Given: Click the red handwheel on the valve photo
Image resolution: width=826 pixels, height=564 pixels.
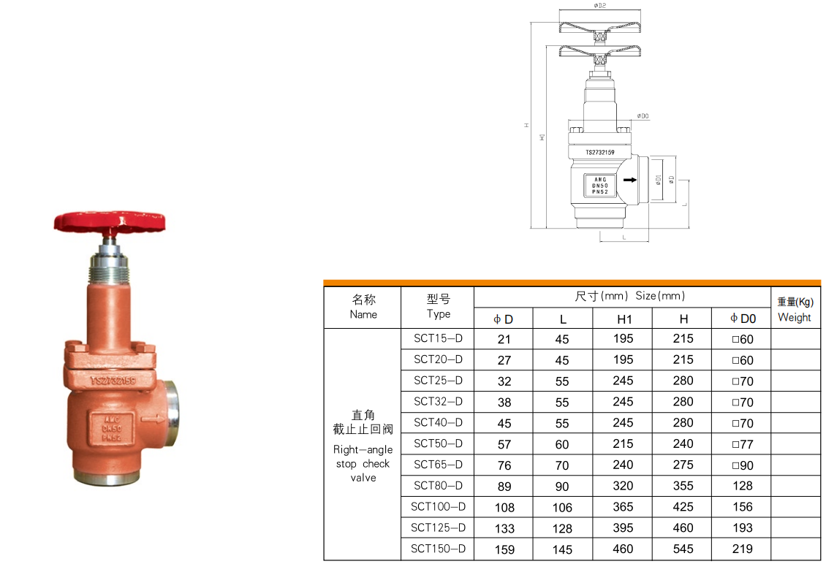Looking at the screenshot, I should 112,220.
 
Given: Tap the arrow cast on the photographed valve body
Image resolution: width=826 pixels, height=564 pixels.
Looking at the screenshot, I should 153,419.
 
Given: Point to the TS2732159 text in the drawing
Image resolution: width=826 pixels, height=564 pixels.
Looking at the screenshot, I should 599,153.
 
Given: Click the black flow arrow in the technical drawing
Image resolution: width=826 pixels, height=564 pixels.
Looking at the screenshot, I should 628,179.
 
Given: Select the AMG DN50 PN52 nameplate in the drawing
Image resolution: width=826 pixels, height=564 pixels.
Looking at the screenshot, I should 599,186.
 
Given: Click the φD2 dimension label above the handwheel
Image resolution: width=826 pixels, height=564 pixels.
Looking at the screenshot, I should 600,5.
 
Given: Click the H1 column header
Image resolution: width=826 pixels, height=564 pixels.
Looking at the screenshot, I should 624,319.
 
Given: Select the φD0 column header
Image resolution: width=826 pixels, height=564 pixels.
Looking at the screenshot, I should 743,319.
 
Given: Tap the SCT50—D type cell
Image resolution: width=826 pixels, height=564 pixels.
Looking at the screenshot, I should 438,443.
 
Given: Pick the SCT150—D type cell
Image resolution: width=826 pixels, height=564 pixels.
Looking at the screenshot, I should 438,549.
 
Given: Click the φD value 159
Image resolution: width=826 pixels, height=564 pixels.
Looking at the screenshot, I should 504,549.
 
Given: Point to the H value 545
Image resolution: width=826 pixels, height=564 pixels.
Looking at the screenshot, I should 683,549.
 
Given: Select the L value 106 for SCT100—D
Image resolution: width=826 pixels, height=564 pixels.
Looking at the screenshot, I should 563,507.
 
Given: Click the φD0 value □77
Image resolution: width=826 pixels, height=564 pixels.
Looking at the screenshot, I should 742,443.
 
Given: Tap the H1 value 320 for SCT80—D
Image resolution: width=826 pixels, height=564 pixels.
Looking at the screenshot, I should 624,486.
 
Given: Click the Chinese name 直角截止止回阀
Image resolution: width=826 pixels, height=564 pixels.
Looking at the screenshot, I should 363,422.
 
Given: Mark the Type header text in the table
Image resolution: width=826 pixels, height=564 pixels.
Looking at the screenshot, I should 438,314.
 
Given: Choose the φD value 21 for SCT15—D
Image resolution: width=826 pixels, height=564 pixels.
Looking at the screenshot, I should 504,339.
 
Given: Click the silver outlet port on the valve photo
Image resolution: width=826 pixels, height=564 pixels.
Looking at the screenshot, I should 173,403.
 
